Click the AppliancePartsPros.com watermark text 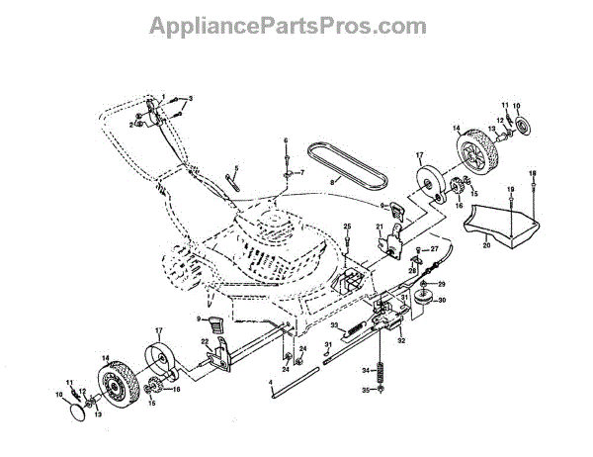point(296,25)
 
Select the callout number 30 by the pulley point(442,300)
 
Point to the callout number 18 point(534,174)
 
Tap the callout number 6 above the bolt point(286,141)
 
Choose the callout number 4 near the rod point(270,382)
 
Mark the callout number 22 point(204,341)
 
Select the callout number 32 point(401,340)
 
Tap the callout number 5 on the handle point(236,169)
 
